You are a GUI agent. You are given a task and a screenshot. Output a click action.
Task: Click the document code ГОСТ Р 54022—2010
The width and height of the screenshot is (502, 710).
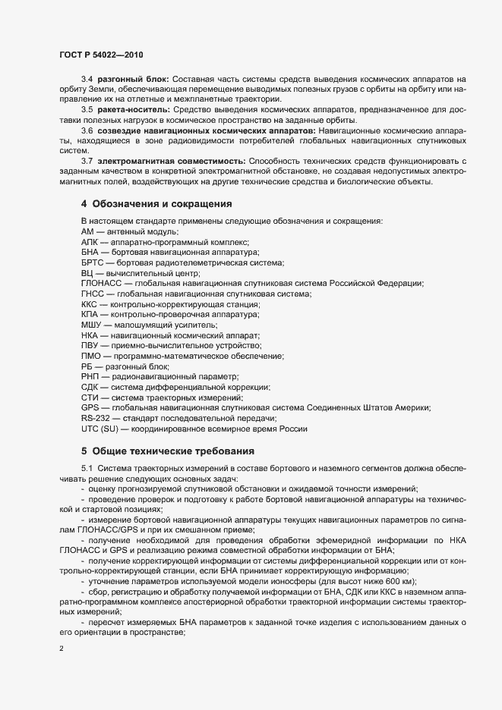click(100, 55)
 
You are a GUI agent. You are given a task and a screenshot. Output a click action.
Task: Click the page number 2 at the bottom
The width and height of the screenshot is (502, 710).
click(61, 649)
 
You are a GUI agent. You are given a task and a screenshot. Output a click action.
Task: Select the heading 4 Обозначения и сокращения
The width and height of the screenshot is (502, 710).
click(156, 204)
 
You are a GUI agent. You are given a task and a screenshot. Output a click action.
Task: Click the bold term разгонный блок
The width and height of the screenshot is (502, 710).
click(133, 79)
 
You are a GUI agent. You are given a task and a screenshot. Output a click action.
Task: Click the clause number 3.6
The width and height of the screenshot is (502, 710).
click(87, 130)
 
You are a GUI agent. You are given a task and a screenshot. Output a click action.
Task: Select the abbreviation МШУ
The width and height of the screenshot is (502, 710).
click(90, 325)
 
